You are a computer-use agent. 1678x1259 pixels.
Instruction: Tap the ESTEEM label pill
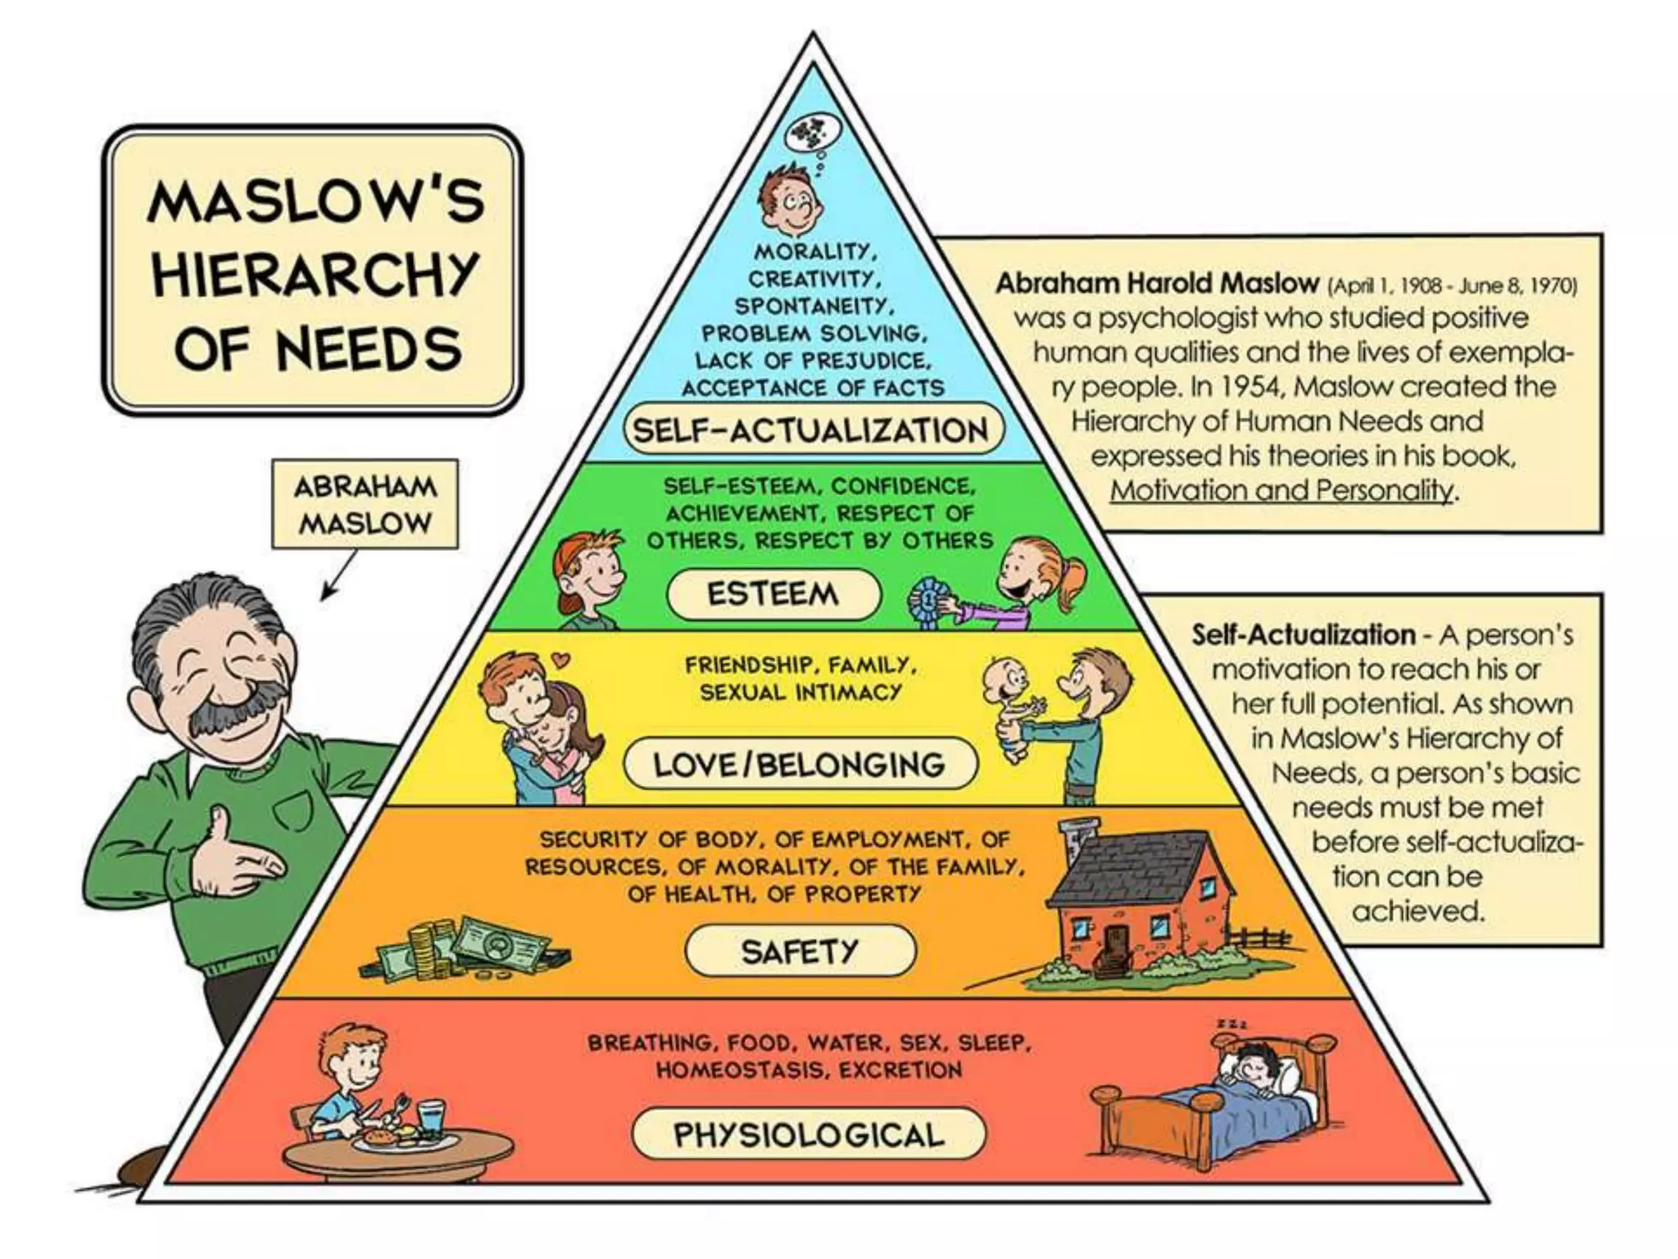[x=773, y=593]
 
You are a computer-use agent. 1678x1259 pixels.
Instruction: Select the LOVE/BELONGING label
[x=800, y=765]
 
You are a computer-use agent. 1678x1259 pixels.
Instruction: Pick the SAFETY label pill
[x=800, y=951]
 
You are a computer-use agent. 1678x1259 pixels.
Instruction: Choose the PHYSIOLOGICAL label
[x=809, y=1134]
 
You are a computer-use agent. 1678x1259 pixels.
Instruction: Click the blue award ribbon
[x=927, y=601]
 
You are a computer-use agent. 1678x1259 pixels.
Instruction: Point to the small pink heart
[x=560, y=658]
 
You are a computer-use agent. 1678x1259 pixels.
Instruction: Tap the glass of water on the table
[x=430, y=1117]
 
